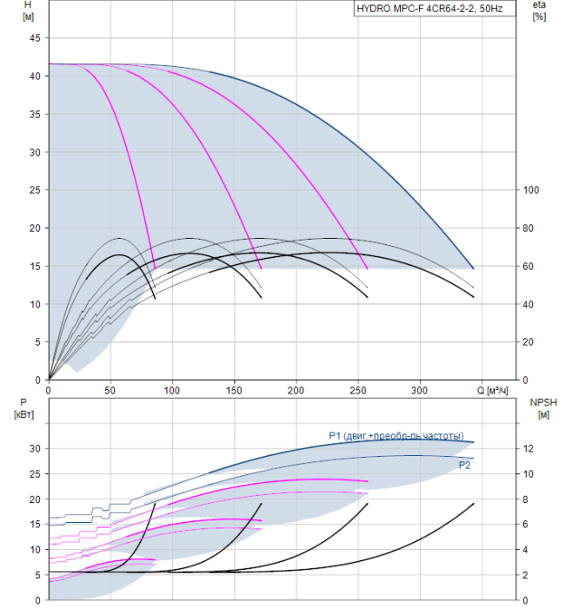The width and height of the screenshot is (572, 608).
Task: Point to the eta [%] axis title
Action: pyautogui.click(x=539, y=11)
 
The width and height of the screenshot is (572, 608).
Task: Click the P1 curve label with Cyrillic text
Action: pyautogui.click(x=396, y=436)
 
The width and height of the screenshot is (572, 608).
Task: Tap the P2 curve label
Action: pyautogui.click(x=465, y=466)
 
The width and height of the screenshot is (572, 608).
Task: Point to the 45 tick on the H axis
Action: pyautogui.click(x=35, y=38)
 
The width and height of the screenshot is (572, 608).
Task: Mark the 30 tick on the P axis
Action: pyautogui.click(x=36, y=448)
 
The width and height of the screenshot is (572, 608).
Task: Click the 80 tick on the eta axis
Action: pyautogui.click(x=532, y=228)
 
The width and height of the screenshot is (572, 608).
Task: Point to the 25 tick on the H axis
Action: pyautogui.click(x=35, y=190)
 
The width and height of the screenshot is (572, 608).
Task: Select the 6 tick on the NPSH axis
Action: pyautogui.click(x=532, y=525)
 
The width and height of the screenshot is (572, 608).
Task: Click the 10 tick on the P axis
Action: pyautogui.click(x=36, y=550)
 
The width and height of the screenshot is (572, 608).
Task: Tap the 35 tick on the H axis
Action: pyautogui.click(x=35, y=115)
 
